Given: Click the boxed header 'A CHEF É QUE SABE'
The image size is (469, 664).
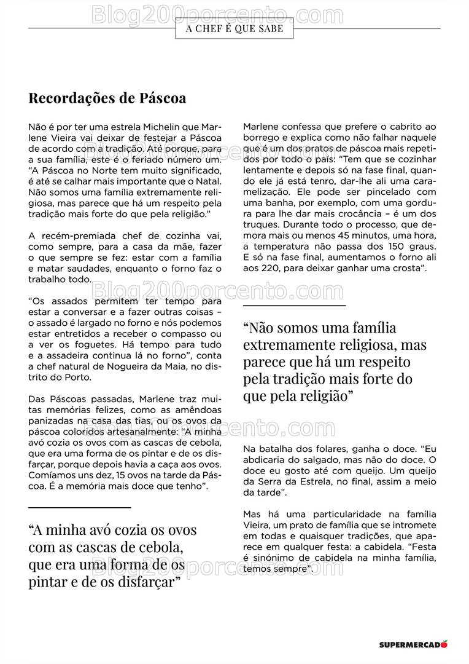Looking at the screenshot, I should pyautogui.click(x=234, y=28).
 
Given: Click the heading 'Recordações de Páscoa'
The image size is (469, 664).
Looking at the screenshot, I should pyautogui.click(x=107, y=98).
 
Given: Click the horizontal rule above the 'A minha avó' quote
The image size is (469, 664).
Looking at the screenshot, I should pyautogui.click(x=80, y=507).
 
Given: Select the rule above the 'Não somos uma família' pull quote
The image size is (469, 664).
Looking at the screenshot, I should pyautogui.click(x=295, y=305).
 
